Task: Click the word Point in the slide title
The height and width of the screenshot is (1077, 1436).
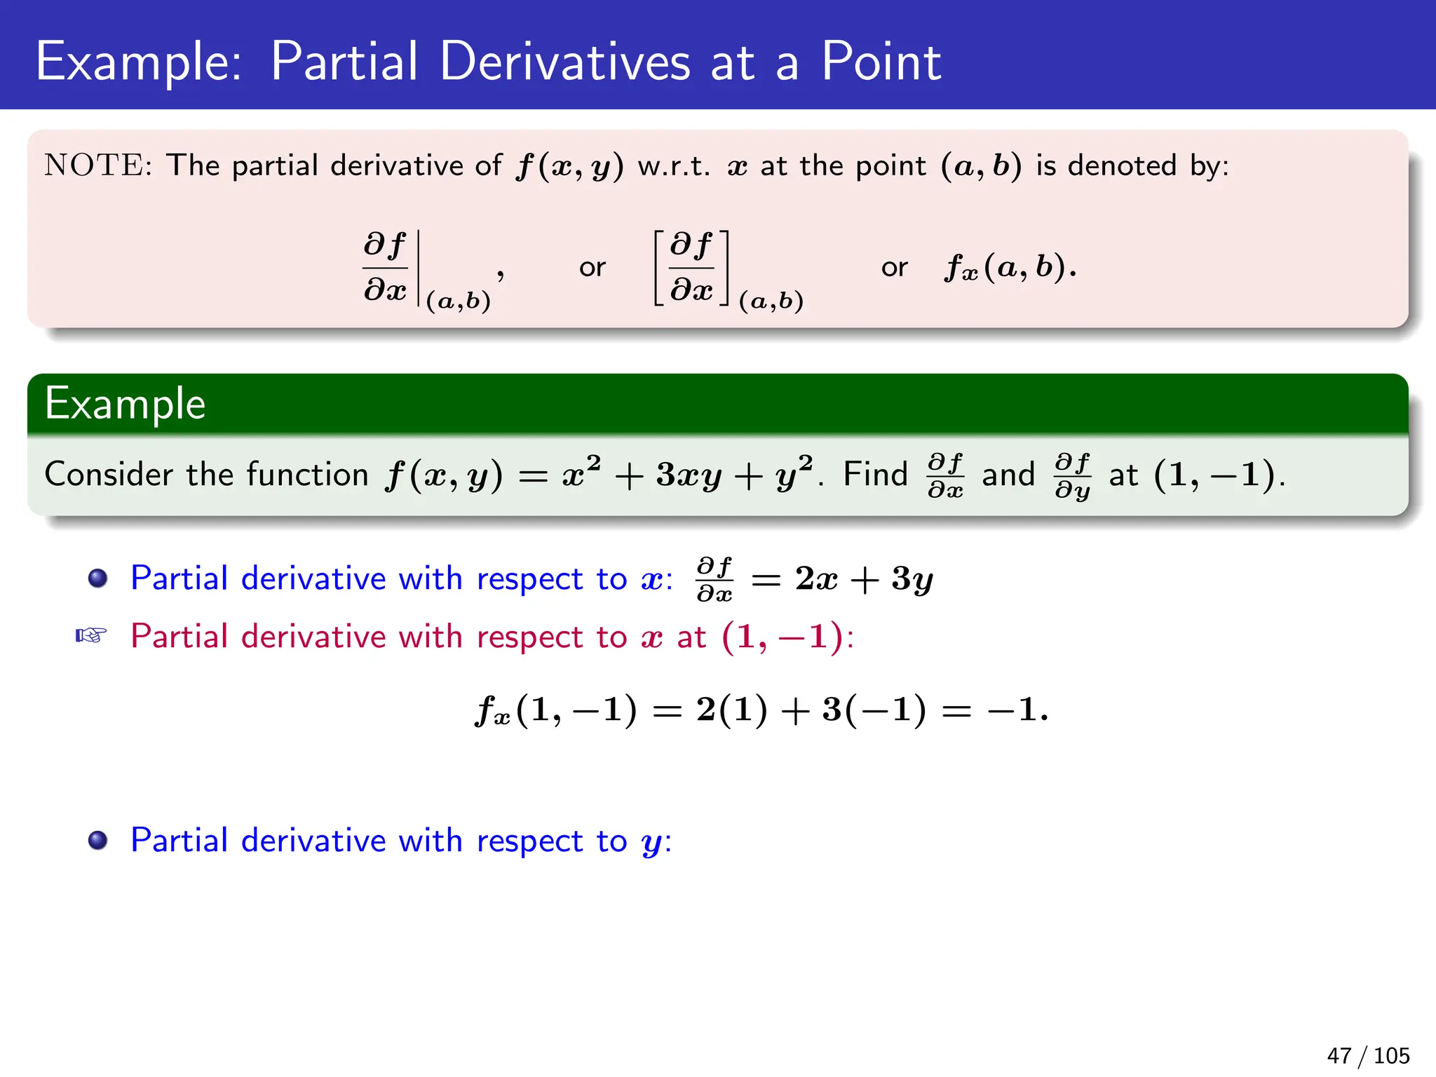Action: coord(881,62)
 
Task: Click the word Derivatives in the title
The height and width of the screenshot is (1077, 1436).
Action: coord(565,62)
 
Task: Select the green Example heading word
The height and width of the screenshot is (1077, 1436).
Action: coord(125,404)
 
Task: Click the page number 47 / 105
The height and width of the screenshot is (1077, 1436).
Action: coord(1367,1055)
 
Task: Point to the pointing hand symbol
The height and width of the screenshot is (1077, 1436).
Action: coord(91,636)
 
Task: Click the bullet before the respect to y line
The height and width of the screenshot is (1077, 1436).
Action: coord(97,840)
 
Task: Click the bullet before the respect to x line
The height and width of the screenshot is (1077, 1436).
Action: coord(97,578)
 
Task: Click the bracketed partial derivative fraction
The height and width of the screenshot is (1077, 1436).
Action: coord(691,267)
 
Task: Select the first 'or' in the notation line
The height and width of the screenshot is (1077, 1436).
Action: coord(592,267)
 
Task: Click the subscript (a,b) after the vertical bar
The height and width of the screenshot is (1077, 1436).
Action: coord(458,301)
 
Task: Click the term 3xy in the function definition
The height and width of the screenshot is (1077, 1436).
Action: coord(688,475)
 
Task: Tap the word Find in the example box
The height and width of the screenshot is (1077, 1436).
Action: coord(875,474)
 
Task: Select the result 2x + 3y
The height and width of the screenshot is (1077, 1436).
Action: coord(863,579)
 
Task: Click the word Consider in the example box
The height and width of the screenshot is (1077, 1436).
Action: coord(109,474)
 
